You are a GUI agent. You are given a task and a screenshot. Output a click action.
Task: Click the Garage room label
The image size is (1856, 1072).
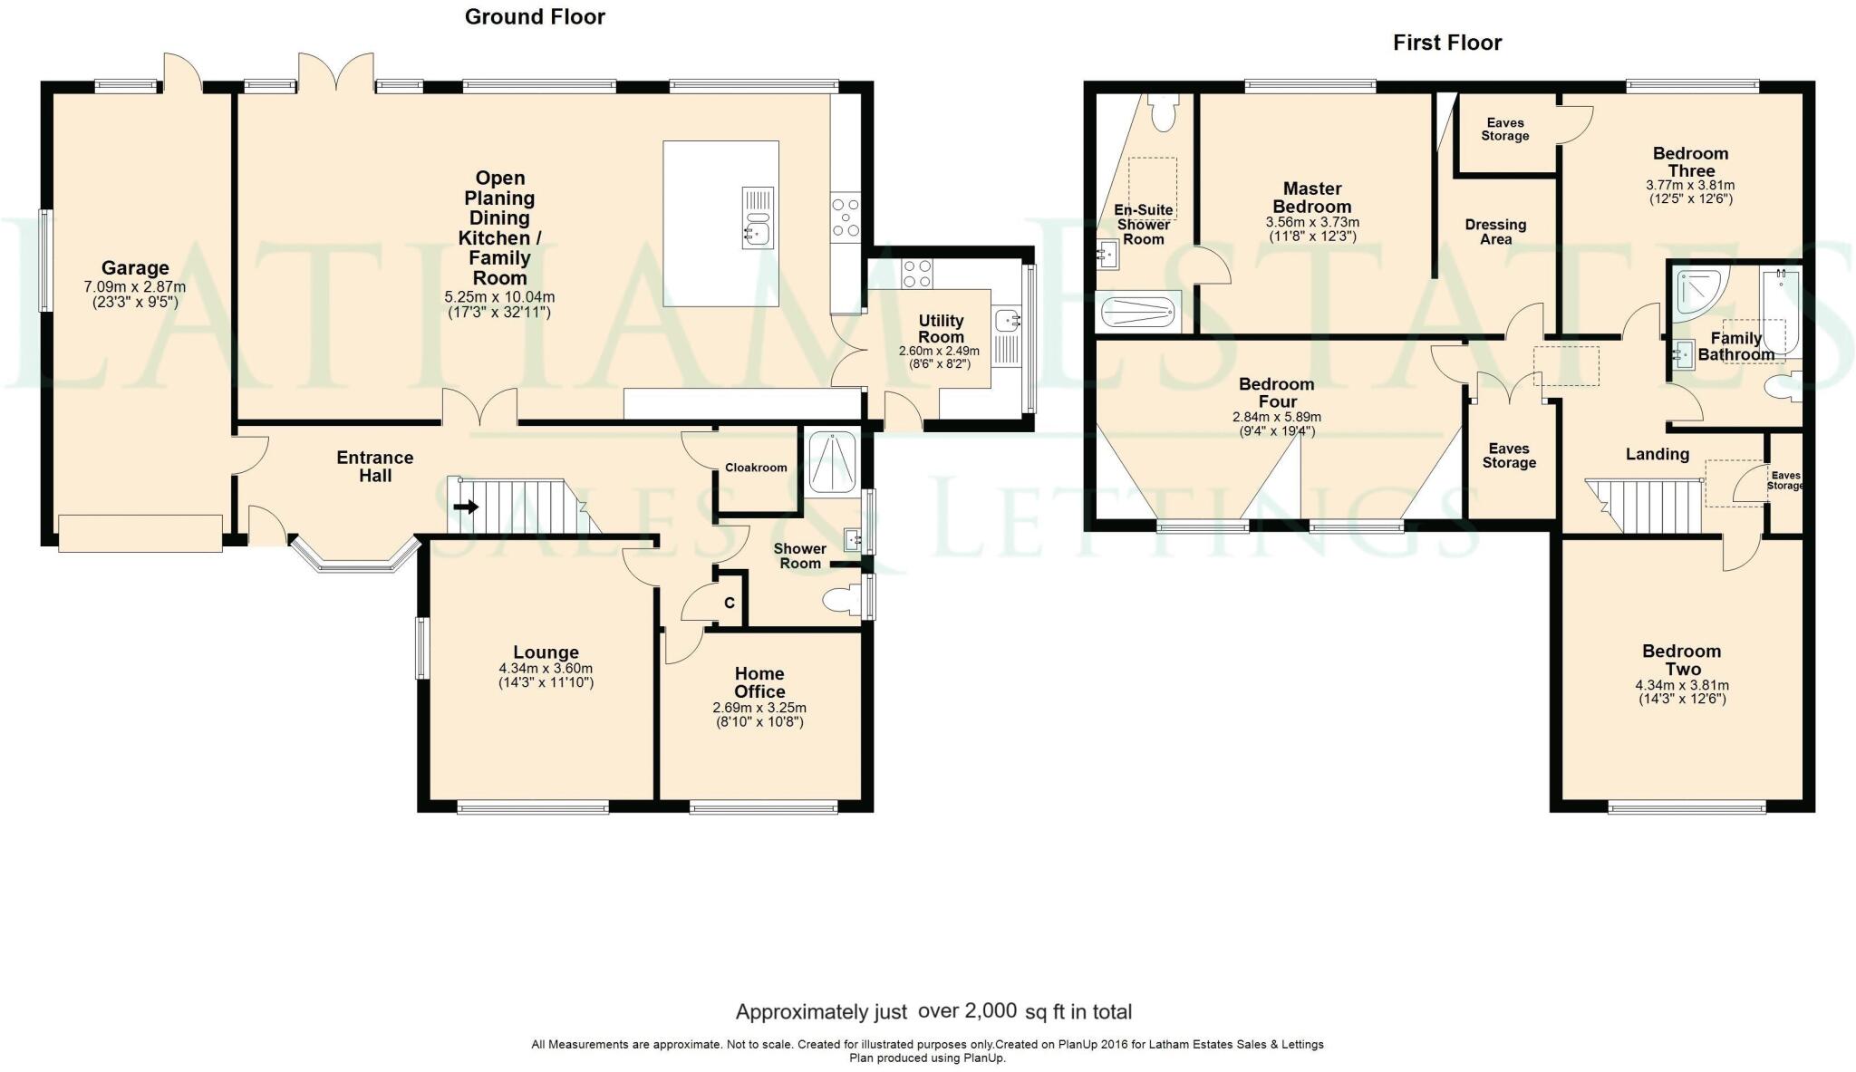(135, 267)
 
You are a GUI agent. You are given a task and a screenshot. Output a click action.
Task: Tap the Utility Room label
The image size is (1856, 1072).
(941, 328)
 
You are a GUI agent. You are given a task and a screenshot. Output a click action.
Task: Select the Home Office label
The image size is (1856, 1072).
(759, 682)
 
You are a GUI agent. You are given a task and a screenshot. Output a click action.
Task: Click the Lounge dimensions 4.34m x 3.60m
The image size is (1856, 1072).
(546, 669)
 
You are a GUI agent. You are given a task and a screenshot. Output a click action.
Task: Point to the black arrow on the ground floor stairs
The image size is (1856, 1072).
(466, 507)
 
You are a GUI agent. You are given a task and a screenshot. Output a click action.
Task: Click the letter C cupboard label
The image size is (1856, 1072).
(729, 604)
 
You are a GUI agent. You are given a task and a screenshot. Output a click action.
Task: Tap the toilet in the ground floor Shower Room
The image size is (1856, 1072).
(839, 600)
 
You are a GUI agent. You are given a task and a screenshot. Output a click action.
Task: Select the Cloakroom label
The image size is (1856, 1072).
(756, 468)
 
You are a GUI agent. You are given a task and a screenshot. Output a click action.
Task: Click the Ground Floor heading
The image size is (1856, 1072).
(535, 16)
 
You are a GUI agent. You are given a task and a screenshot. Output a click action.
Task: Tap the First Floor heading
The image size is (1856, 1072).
(1447, 43)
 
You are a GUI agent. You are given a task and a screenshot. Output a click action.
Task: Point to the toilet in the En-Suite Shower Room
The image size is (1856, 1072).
(1162, 112)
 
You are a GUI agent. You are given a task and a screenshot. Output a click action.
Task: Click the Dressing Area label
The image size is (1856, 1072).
(1495, 232)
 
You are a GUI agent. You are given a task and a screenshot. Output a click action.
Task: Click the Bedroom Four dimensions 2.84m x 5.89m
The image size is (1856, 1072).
(1276, 417)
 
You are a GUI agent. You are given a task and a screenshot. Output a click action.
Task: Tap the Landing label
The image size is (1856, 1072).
(1657, 454)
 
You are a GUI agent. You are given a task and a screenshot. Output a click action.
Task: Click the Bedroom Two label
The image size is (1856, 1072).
(1681, 661)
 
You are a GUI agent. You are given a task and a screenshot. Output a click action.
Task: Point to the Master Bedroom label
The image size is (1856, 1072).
(1312, 198)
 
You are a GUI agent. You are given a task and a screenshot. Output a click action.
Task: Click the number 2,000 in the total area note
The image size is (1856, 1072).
(991, 1011)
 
